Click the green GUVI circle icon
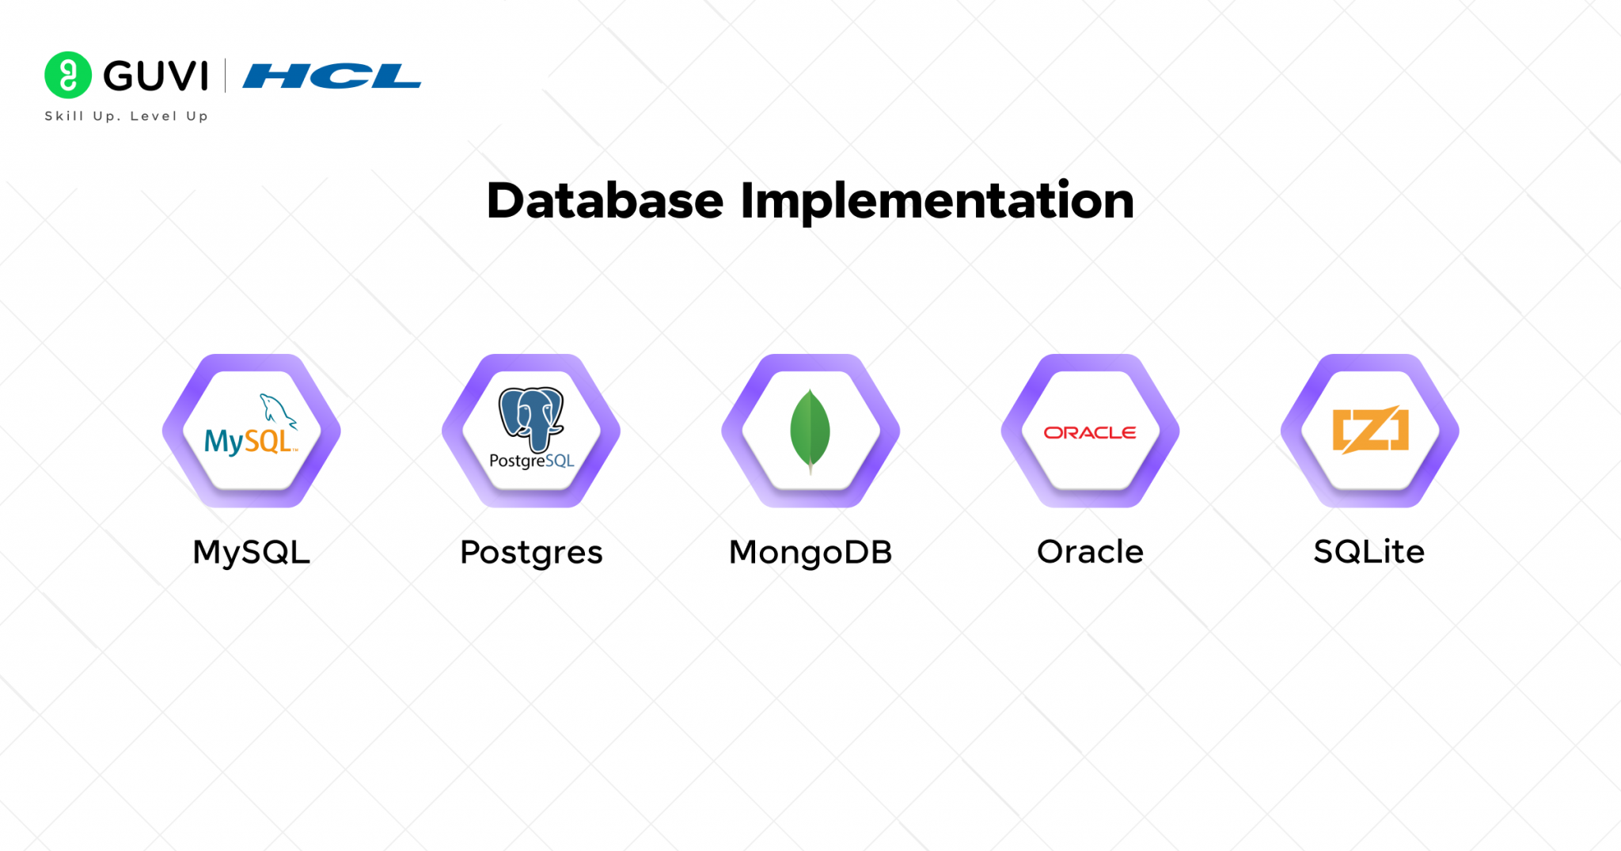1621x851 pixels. click(x=68, y=75)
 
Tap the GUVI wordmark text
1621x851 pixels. click(x=156, y=76)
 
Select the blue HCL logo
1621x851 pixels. click(x=332, y=76)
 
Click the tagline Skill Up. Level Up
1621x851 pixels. click(x=127, y=116)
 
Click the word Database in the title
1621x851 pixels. click(x=606, y=200)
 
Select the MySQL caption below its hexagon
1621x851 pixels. click(x=252, y=553)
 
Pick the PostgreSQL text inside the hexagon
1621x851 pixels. click(x=532, y=461)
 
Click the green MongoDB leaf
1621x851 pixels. click(x=810, y=431)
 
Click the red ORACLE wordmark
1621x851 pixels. click(x=1090, y=433)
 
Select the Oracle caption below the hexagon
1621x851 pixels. click(x=1090, y=552)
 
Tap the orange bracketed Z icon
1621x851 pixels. click(x=1370, y=430)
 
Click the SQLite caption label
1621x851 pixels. click(x=1369, y=552)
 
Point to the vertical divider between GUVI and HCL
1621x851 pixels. click(x=226, y=76)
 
